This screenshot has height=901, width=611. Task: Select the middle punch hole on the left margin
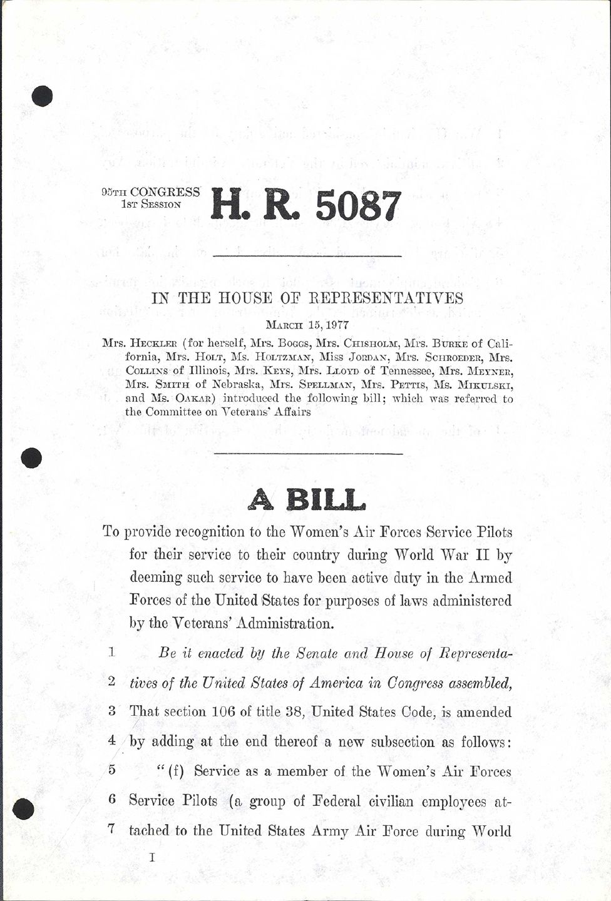point(31,458)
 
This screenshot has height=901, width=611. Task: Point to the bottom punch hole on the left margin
point(23,808)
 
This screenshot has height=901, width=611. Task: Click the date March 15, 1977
point(307,325)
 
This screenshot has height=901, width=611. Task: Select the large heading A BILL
point(307,499)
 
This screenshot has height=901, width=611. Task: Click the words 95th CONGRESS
point(150,192)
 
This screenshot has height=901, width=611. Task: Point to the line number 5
point(111,770)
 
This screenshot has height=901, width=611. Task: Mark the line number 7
point(111,830)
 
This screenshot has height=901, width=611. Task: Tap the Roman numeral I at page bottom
point(152,857)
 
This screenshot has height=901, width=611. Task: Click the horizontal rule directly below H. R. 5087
point(307,257)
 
